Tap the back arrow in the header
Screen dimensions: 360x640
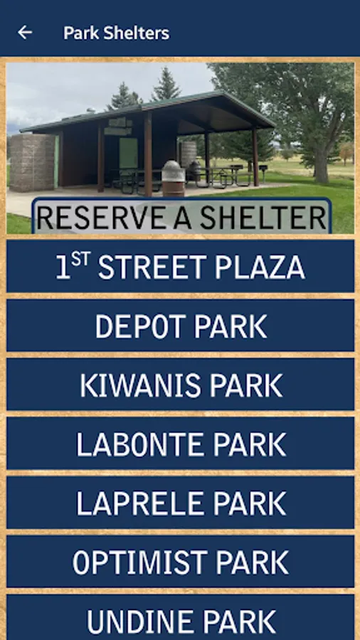tap(25, 33)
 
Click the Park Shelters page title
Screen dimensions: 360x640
tap(117, 33)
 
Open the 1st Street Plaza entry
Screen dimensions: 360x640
tap(181, 266)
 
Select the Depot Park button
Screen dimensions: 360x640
tap(181, 325)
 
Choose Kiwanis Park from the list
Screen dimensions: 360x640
tap(181, 384)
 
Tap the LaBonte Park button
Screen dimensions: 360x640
tap(181, 443)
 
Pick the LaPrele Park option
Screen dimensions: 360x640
tap(181, 503)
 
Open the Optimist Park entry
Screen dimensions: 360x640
tap(181, 562)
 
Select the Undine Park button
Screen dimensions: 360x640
tap(181, 617)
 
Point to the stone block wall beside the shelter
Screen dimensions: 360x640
tap(32, 162)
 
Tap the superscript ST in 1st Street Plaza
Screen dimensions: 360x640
tap(80, 260)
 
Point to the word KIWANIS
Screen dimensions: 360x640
tap(140, 385)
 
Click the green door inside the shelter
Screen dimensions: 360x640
tap(128, 153)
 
